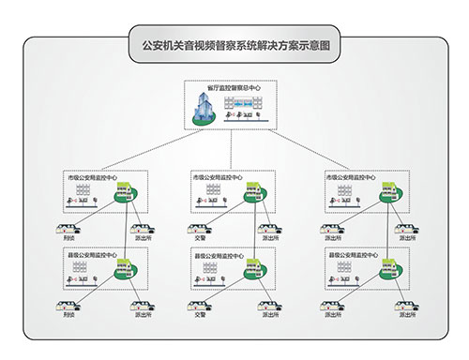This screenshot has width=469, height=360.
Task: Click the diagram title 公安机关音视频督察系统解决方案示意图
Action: pyautogui.click(x=234, y=44)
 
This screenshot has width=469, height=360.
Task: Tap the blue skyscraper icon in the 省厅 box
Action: pyautogui.click(x=204, y=110)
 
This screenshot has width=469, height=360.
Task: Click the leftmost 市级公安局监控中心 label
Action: pyautogui.click(x=91, y=175)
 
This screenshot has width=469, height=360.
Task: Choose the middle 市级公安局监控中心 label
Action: pyautogui.click(x=218, y=175)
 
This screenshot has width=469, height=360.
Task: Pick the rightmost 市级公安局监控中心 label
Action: pyautogui.click(x=351, y=175)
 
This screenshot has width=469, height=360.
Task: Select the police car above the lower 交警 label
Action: pyautogui.click(x=200, y=305)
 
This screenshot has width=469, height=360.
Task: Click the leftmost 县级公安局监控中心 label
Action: pyautogui.click(x=91, y=253)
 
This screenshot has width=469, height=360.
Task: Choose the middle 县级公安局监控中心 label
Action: pyautogui.click(x=218, y=253)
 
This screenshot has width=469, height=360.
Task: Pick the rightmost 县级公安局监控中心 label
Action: pyautogui.click(x=351, y=253)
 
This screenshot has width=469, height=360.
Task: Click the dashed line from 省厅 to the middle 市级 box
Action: pyautogui.click(x=234, y=150)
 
